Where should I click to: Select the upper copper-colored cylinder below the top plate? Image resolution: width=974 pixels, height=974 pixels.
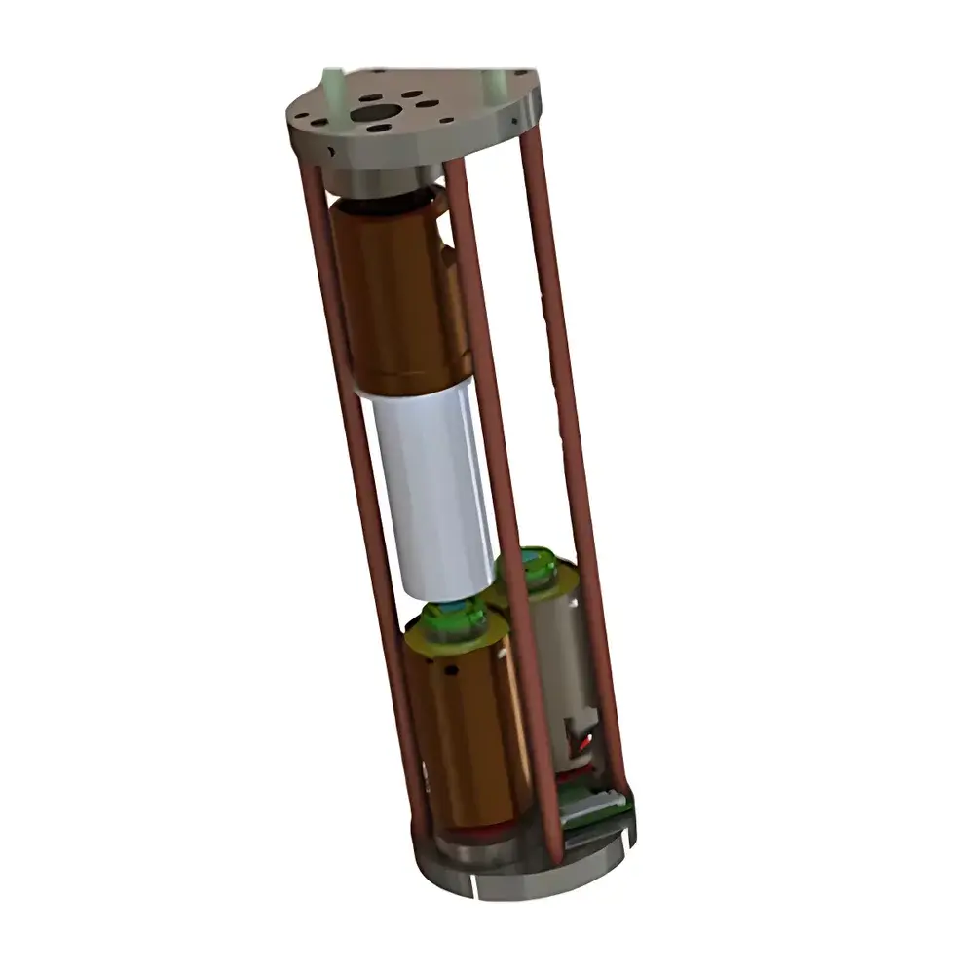[x=394, y=292]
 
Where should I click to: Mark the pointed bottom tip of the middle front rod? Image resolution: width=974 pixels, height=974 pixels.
[x=557, y=857]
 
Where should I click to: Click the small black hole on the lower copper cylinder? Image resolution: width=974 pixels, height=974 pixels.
[x=452, y=671]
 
